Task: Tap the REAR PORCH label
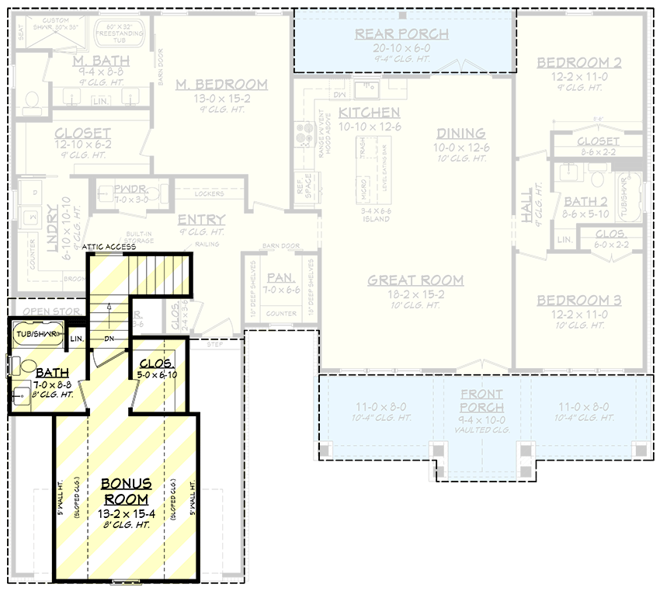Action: pos(401,33)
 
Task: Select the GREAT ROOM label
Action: pos(415,280)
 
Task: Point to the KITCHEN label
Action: pos(370,113)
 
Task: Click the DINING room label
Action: pos(460,133)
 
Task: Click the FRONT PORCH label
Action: pos(481,401)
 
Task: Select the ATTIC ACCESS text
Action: pos(109,247)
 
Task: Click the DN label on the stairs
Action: pos(109,339)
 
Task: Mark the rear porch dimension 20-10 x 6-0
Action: pos(401,48)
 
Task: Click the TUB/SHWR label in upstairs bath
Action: pos(40,335)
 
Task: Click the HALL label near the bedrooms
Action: pos(527,205)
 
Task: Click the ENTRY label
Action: pos(201,220)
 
